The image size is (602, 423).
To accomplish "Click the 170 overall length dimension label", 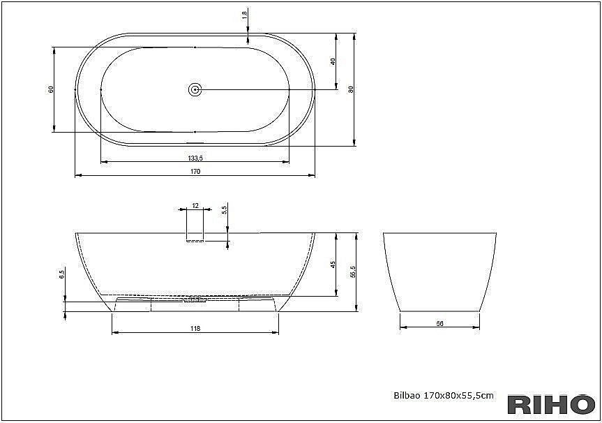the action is tap(195, 171).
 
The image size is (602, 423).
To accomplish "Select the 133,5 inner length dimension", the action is tap(195, 158).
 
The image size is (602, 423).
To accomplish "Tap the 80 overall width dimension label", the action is tap(350, 89).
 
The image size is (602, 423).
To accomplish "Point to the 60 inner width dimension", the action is tap(50, 89).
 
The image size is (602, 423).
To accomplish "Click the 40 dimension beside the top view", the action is tap(333, 61).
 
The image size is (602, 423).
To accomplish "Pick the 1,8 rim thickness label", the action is tap(245, 16).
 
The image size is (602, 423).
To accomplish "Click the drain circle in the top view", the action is tap(195, 90).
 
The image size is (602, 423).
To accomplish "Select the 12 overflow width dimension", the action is tap(195, 206).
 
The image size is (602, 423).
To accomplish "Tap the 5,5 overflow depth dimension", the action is tap(225, 210).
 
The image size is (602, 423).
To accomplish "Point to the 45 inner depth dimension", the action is tap(333, 265).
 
